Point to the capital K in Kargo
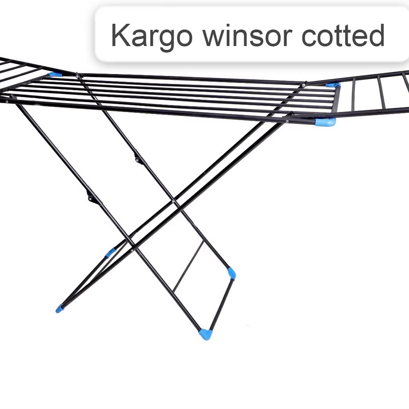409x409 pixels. click(x=119, y=35)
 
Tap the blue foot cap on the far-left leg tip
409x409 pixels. click(x=59, y=308)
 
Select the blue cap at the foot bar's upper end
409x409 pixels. click(x=231, y=273)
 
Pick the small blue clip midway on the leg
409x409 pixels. click(x=110, y=253)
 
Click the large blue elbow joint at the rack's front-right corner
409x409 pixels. click(x=326, y=122)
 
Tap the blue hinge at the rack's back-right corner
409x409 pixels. click(x=334, y=86)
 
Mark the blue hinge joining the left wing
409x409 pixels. click(x=55, y=75)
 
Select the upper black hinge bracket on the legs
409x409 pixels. click(x=138, y=159)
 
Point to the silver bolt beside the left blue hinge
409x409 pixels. click(x=78, y=76)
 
